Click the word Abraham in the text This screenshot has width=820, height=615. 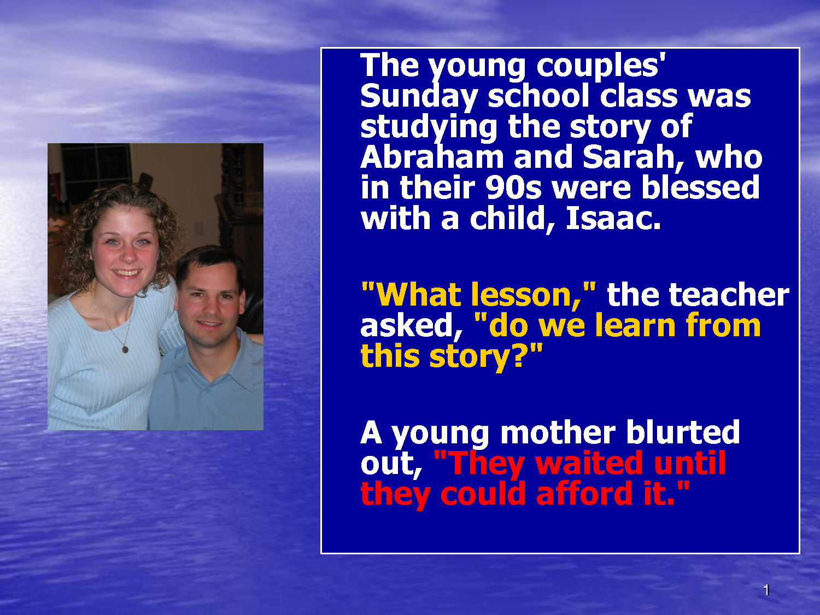tap(432, 157)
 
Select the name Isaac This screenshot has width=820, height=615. tap(613, 218)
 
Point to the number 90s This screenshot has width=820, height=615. tap(513, 188)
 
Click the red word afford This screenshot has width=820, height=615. tap(584, 494)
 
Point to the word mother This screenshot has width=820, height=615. tap(558, 432)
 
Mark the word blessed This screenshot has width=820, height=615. tap(700, 188)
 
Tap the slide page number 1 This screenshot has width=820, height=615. tap(766, 590)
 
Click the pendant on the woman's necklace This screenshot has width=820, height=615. tap(126, 349)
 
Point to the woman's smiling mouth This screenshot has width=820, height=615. tap(127, 273)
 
